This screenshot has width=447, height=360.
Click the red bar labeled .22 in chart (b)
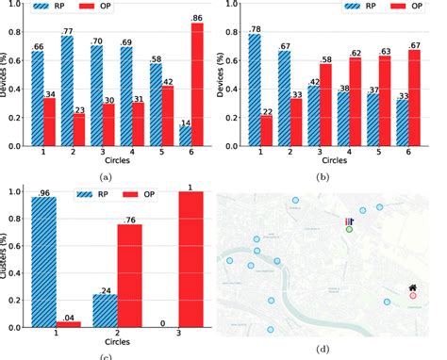(x=267, y=130)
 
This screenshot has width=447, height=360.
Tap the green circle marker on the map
(x=349, y=229)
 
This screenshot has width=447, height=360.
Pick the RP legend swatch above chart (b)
(x=330, y=5)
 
